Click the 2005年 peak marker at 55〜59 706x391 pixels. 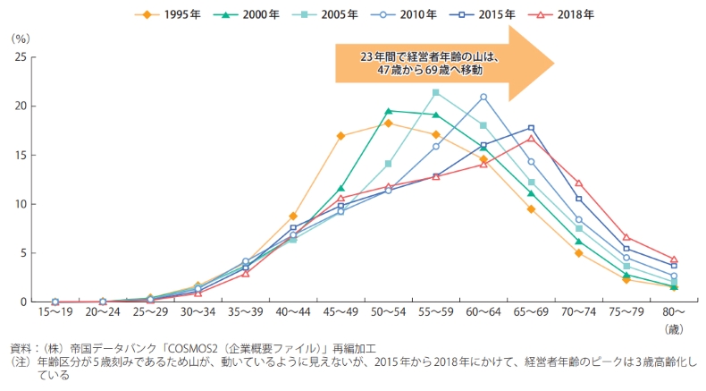(x=435, y=92)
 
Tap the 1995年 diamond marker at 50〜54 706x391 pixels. (x=388, y=123)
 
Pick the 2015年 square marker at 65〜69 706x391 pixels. (x=531, y=128)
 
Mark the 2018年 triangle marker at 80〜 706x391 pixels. (x=674, y=259)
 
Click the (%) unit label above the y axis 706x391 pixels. (x=21, y=39)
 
